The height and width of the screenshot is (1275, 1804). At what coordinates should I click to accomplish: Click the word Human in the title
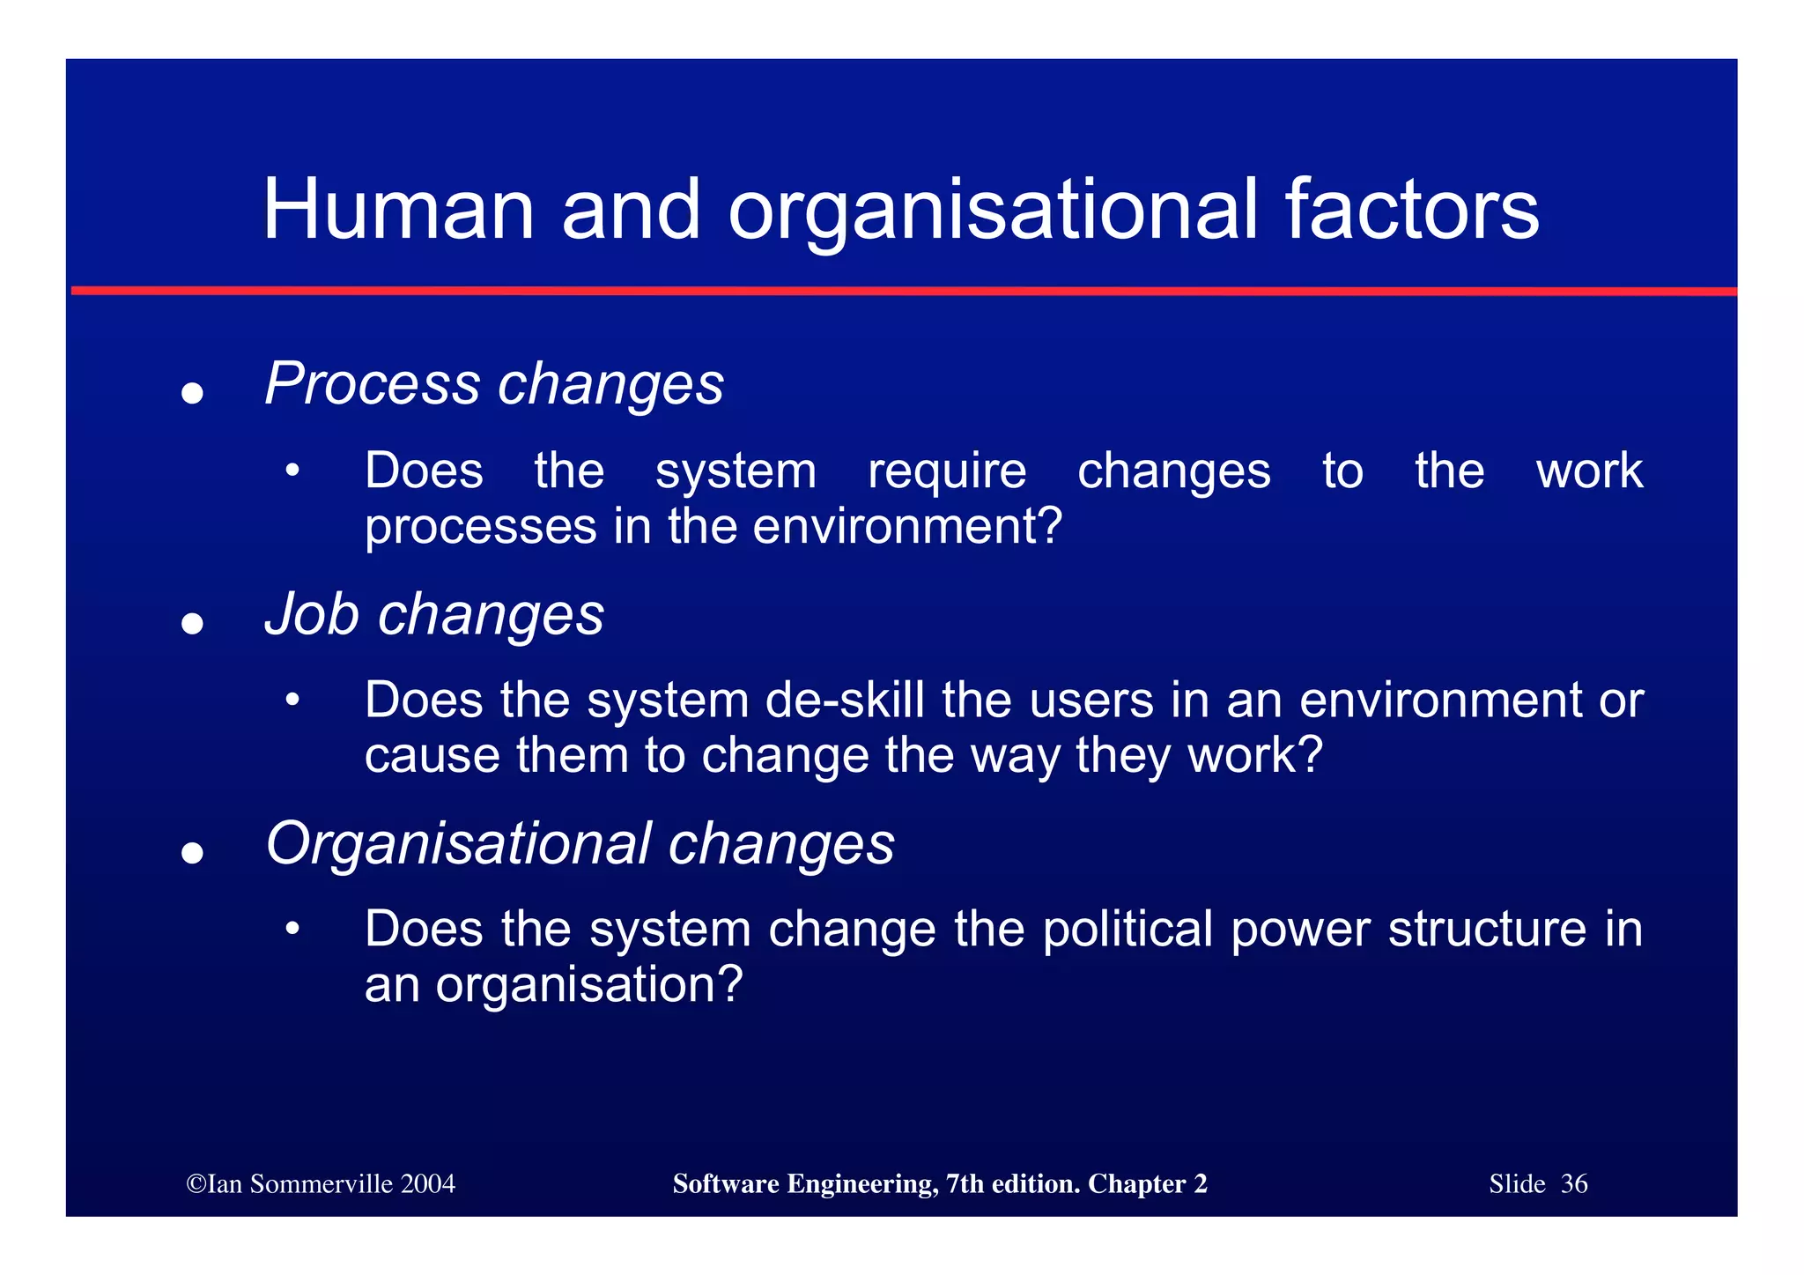[x=398, y=210]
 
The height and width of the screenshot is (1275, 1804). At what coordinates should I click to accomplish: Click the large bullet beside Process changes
[x=192, y=392]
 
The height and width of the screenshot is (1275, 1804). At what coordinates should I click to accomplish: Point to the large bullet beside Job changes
[x=192, y=624]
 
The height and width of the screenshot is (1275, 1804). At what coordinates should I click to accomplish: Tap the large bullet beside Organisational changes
[x=192, y=852]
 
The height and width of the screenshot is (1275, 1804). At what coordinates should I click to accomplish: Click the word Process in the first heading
[x=373, y=384]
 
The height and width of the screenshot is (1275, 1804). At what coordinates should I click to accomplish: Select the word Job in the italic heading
[x=311, y=613]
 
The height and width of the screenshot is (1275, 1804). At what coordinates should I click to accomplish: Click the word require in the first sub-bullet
[x=947, y=471]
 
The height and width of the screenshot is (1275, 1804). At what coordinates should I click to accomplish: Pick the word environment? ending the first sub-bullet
[x=908, y=526]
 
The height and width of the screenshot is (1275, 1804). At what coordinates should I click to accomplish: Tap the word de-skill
[x=844, y=701]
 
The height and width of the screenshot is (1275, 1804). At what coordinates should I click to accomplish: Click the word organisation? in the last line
[x=589, y=984]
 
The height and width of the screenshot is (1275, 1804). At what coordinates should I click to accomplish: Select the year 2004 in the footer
[x=427, y=1183]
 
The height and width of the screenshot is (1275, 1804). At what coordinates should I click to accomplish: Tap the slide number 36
[x=1574, y=1183]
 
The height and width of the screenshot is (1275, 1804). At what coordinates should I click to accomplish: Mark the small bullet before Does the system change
[x=292, y=929]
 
